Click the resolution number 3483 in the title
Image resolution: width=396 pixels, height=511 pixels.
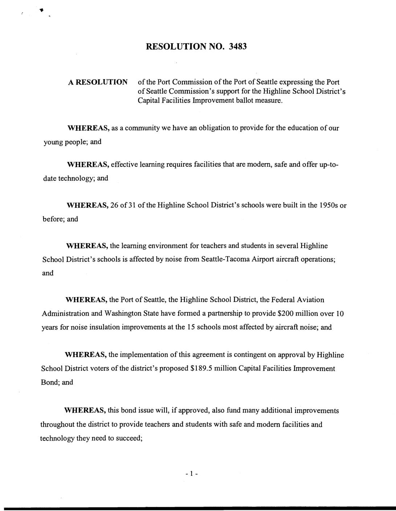[x=238, y=47]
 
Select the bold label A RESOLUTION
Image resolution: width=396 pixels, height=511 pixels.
[x=98, y=82]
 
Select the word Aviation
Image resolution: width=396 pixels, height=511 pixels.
[x=310, y=300]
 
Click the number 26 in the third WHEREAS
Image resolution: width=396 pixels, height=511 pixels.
[x=114, y=206]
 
